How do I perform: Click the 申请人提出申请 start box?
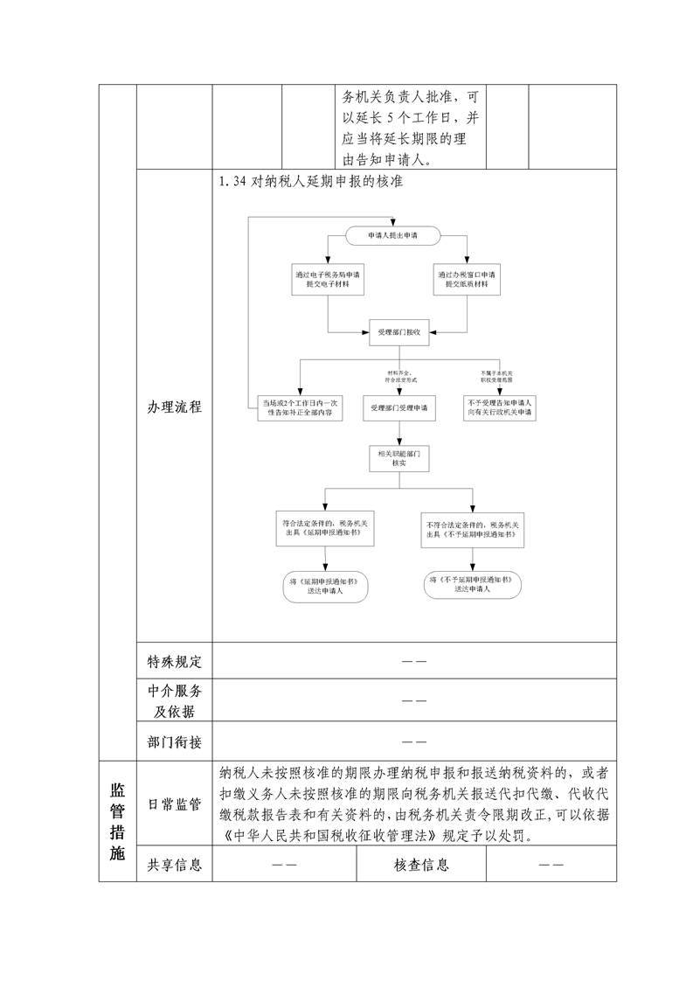point(392,234)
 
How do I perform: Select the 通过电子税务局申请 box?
point(328,279)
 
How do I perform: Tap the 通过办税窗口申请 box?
point(468,279)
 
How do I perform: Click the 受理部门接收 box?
point(399,333)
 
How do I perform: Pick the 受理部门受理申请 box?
point(399,407)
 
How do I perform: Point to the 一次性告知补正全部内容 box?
point(301,407)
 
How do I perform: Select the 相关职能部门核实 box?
point(399,458)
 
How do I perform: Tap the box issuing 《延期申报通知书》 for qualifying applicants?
point(325,529)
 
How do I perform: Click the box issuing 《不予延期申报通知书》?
point(473,529)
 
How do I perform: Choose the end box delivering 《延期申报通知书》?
point(324,587)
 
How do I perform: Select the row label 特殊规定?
point(175,661)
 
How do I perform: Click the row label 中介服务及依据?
point(175,700)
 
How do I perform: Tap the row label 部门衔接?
point(175,741)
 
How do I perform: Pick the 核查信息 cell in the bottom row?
point(421,865)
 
